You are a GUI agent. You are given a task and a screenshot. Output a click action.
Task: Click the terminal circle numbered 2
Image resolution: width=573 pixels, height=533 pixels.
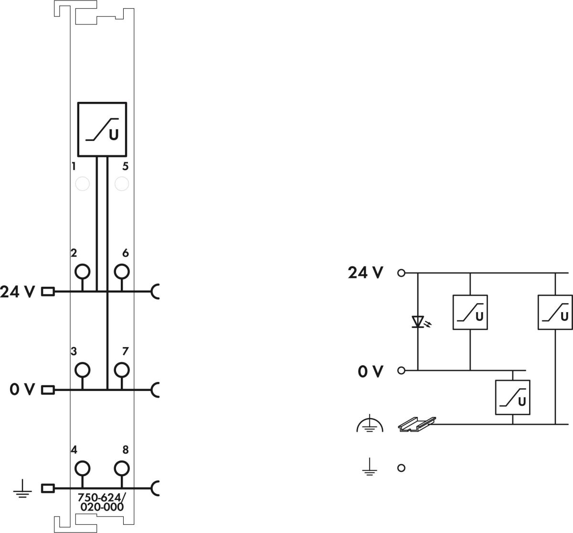[83, 272]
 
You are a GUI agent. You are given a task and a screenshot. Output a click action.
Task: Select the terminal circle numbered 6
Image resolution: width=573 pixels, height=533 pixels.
[122, 272]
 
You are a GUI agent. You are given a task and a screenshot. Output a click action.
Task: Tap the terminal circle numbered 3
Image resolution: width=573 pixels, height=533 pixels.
[83, 370]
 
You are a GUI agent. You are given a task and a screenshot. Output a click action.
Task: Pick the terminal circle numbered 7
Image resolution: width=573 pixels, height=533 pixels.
[122, 370]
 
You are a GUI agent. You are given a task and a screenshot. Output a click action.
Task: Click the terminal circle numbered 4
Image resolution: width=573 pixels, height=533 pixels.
[83, 468]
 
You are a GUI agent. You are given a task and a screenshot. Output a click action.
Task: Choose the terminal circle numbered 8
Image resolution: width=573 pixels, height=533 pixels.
[122, 468]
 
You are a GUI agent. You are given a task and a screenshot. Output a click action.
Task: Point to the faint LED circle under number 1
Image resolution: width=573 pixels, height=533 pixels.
[83, 183]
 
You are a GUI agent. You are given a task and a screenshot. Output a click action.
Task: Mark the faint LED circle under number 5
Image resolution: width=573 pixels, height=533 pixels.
[122, 183]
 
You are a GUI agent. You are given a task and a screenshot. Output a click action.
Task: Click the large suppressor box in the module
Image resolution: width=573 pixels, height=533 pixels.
[102, 129]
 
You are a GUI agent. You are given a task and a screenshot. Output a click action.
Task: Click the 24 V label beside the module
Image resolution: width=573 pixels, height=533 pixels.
[17, 292]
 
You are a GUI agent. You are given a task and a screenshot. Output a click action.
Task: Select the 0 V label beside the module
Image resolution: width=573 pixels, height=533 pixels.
[22, 390]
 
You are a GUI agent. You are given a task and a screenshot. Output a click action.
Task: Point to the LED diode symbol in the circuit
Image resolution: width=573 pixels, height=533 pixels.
[418, 322]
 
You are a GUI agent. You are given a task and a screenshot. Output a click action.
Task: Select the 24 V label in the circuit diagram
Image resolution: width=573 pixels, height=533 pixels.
[365, 273]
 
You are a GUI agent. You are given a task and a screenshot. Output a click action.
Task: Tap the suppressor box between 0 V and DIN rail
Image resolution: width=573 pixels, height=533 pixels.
[512, 397]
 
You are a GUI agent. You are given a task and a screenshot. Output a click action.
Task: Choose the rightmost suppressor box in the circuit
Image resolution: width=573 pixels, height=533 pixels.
[555, 312]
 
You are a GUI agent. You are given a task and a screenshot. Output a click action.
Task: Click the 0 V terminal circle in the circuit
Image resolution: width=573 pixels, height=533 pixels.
[401, 370]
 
